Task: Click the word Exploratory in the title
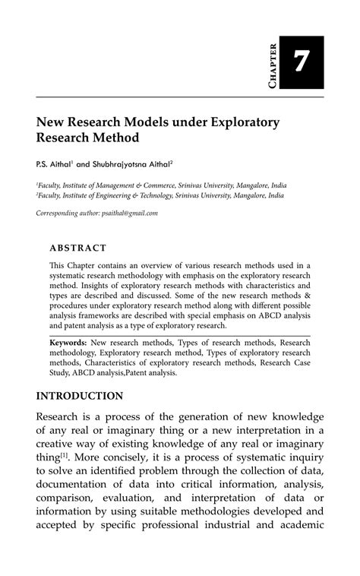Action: (242, 122)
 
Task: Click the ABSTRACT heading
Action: (77, 248)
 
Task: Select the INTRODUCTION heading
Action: (79, 395)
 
